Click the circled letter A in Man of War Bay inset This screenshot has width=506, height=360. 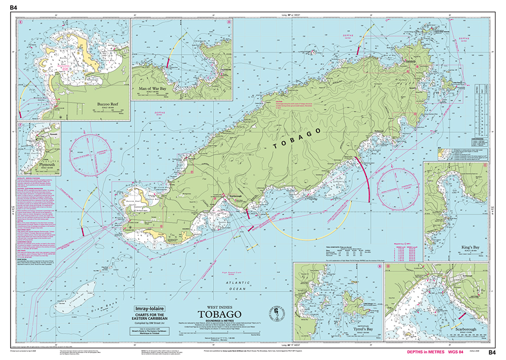pyautogui.click(x=229, y=23)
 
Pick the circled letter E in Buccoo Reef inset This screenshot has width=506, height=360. pyautogui.click(x=20, y=23)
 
